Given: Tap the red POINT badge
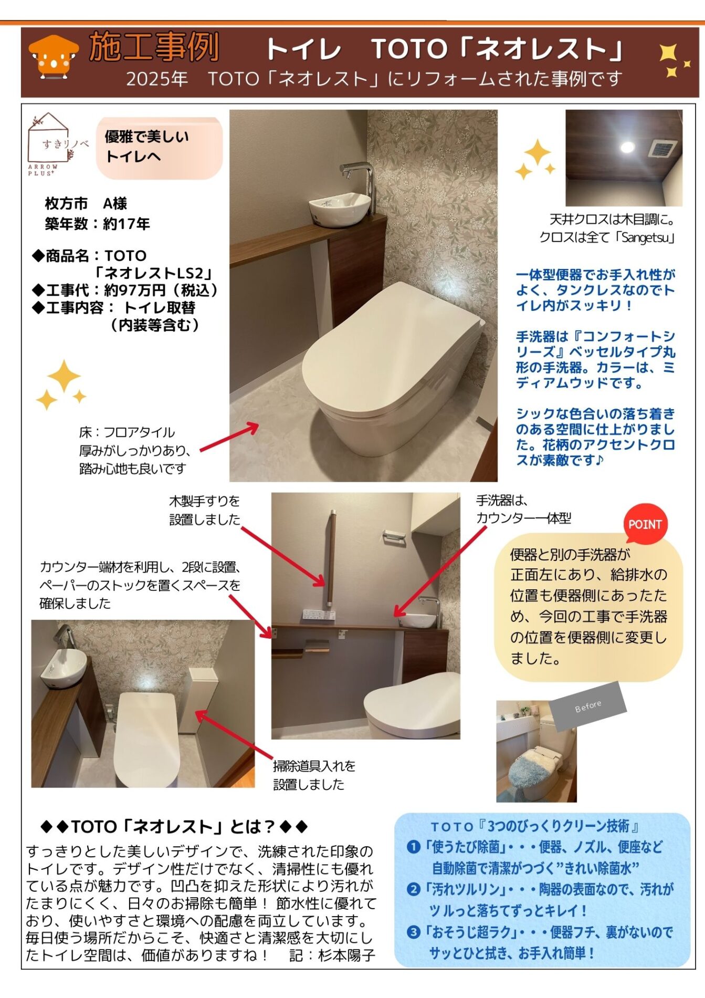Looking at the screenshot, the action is click(x=645, y=524).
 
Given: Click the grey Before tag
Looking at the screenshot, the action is click(x=588, y=706).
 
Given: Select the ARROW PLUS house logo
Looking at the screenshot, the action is click(x=50, y=144).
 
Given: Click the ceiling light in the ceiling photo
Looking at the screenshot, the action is click(x=627, y=147).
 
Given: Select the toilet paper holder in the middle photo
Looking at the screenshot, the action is click(x=394, y=538).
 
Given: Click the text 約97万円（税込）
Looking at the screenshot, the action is click(x=161, y=290).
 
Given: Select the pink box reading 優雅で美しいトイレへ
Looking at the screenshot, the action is click(x=160, y=148).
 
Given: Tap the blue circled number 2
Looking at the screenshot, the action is click(x=414, y=889).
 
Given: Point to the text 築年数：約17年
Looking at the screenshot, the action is click(x=98, y=224).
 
